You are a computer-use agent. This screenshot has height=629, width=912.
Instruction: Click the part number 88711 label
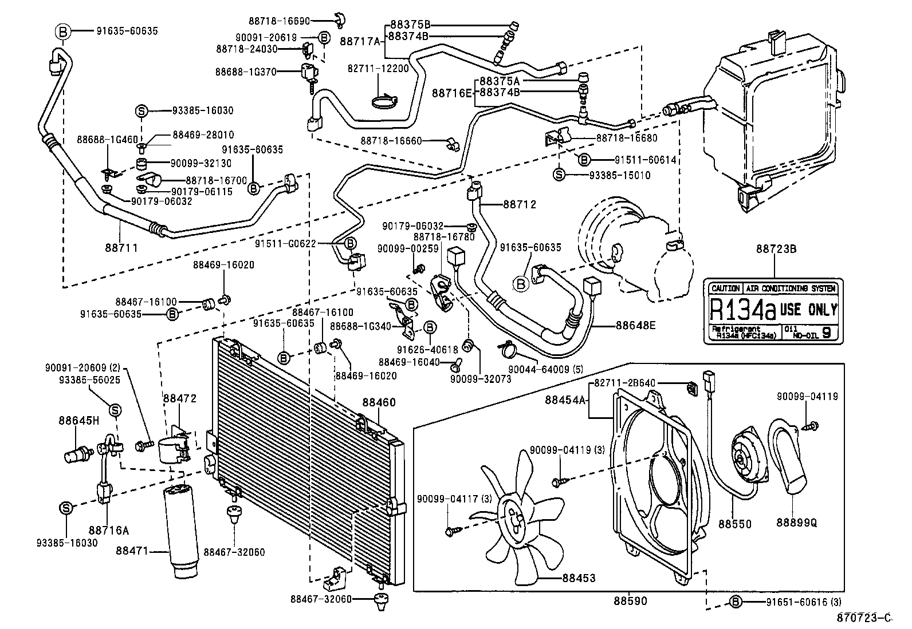click(121, 248)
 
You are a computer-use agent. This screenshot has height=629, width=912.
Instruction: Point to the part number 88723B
click(776, 249)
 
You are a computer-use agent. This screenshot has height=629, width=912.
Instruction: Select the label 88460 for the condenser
click(379, 403)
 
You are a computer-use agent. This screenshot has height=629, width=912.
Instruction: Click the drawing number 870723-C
click(865, 617)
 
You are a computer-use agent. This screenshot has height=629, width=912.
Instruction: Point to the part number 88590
click(630, 601)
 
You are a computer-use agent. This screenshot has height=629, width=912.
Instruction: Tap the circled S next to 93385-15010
click(560, 175)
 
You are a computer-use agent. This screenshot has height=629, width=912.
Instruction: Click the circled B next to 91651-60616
click(736, 601)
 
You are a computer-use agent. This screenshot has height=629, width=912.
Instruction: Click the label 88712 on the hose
click(520, 204)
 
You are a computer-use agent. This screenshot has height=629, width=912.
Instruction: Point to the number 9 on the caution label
click(827, 333)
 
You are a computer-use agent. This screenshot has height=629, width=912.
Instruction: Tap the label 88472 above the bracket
click(179, 398)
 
